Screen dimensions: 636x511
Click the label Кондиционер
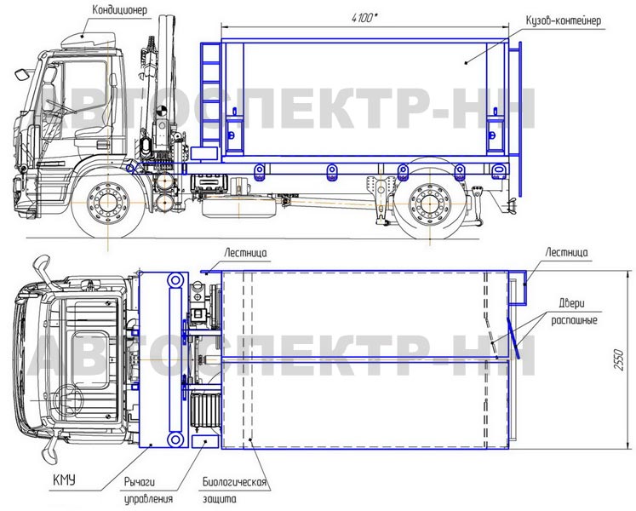tap(120, 9)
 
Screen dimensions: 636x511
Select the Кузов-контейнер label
tap(564, 20)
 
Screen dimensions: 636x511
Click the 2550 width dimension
tap(619, 359)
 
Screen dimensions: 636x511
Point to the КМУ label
tap(64, 480)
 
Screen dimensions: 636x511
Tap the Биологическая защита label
tap(234, 490)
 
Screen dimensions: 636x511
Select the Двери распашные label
tap(574, 312)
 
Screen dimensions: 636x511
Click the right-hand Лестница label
tap(566, 252)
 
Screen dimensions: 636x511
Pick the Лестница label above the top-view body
tap(246, 252)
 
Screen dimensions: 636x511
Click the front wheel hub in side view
tap(108, 203)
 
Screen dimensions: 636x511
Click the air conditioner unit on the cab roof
tap(89, 40)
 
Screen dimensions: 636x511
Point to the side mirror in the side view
tap(21, 74)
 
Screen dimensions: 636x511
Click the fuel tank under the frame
tap(239, 208)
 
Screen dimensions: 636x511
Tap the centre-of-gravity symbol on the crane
tap(161, 111)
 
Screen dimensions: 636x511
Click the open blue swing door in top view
tap(513, 338)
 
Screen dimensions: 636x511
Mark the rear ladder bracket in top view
tap(518, 287)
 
